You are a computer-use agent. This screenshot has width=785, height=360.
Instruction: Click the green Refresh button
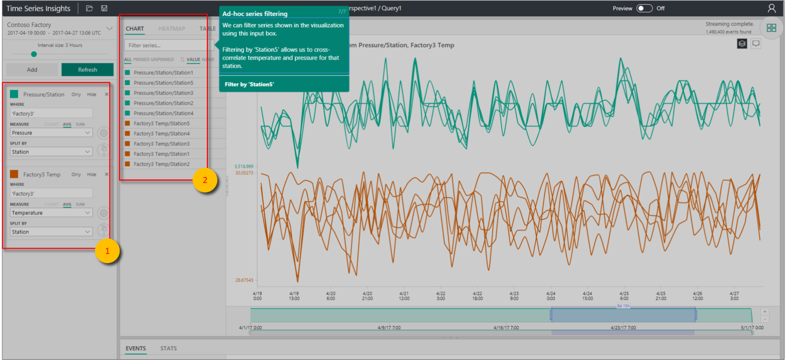pyautogui.click(x=87, y=70)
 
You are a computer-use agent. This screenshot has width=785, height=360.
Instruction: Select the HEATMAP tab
pyautogui.click(x=172, y=28)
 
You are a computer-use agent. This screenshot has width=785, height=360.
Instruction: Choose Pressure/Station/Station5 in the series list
pyautogui.click(x=163, y=83)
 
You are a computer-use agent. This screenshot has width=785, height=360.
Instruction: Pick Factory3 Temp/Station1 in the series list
pyautogui.click(x=161, y=154)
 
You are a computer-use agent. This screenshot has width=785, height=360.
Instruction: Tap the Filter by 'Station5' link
pyautogui.click(x=249, y=84)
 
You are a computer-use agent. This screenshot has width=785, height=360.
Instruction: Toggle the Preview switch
pyautogui.click(x=644, y=8)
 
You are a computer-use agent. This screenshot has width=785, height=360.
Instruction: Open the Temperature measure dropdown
pyautogui.click(x=51, y=213)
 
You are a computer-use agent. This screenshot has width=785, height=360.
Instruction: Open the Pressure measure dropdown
pyautogui.click(x=51, y=133)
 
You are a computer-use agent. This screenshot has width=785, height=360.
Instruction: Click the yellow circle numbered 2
pyautogui.click(x=205, y=180)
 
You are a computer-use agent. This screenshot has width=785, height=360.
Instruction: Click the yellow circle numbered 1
pyautogui.click(x=107, y=251)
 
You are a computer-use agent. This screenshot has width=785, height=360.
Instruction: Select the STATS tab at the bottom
pyautogui.click(x=168, y=348)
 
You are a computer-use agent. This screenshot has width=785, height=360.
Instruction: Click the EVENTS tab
pyautogui.click(x=136, y=348)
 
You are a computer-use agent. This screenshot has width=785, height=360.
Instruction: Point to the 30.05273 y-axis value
pyautogui.click(x=244, y=173)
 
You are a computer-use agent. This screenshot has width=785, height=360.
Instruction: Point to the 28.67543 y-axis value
pyautogui.click(x=244, y=280)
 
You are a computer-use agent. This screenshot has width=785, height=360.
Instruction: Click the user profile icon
pyautogui.click(x=771, y=8)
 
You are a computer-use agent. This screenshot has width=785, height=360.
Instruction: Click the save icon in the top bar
pyautogui.click(x=104, y=8)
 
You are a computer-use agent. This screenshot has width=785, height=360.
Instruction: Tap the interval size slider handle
pyautogui.click(x=34, y=54)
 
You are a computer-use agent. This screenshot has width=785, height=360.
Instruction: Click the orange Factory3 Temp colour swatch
pyautogui.click(x=14, y=174)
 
